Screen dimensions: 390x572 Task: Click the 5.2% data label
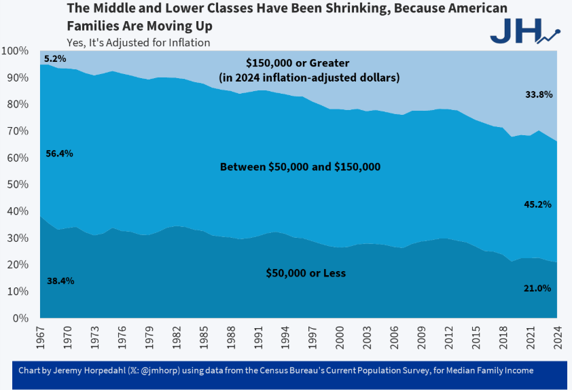55,59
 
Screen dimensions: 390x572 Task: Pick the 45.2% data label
537,204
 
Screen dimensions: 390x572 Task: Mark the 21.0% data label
537,288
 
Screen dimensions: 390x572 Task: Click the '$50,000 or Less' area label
305,273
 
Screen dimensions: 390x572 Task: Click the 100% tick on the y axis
15,51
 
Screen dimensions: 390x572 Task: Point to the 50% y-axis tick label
18,185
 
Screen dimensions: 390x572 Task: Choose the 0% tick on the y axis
20,318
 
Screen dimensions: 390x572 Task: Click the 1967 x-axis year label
40,334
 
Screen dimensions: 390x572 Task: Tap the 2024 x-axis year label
556,334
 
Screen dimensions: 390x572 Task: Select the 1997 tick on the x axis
312,334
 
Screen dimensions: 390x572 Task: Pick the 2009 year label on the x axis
421,334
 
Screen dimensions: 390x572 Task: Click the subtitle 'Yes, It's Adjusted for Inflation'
138,42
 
